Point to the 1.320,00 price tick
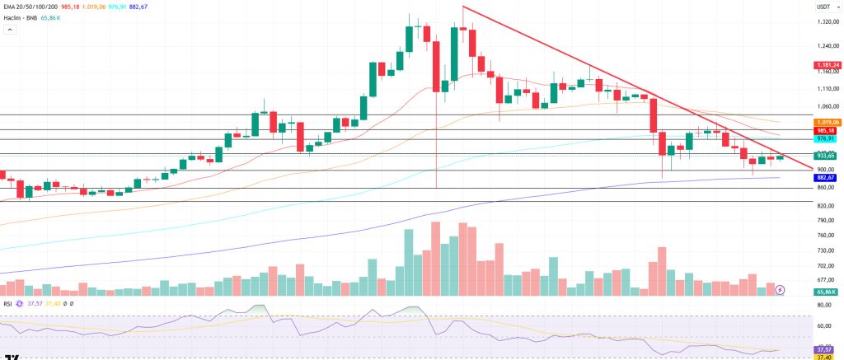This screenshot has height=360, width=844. pos(826,22)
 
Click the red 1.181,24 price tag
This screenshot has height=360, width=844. pos(827,65)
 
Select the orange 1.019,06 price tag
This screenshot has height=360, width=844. pos(827,121)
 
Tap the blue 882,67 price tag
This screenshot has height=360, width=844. pos(827,177)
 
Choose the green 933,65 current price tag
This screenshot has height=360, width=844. pos(827,155)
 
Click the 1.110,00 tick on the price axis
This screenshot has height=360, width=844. pos(826,88)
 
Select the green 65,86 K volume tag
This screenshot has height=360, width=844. pos(827,292)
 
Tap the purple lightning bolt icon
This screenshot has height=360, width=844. pos(779,290)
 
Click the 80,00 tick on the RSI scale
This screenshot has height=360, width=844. pos(824,306)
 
